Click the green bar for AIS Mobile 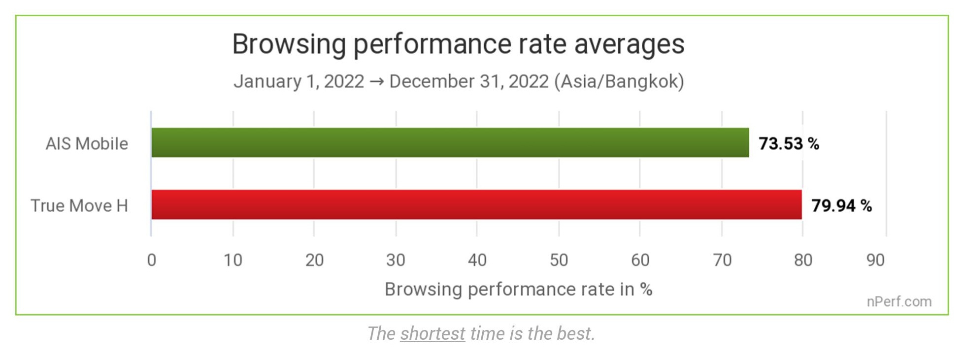[x=450, y=142]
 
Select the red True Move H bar [x=476, y=204]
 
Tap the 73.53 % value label [x=788, y=143]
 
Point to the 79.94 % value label [x=841, y=205]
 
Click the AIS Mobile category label [x=87, y=143]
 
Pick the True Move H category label [x=79, y=205]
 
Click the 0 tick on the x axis [x=152, y=260]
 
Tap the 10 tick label [x=232, y=260]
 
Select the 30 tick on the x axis [x=396, y=260]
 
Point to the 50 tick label [x=559, y=260]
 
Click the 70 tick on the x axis [x=722, y=260]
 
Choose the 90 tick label [x=875, y=260]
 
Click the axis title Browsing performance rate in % [x=518, y=289]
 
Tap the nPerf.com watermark [x=899, y=301]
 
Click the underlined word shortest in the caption [x=432, y=333]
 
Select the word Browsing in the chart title [x=289, y=44]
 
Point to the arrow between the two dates [x=376, y=82]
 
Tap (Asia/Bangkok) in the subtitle [x=619, y=81]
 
